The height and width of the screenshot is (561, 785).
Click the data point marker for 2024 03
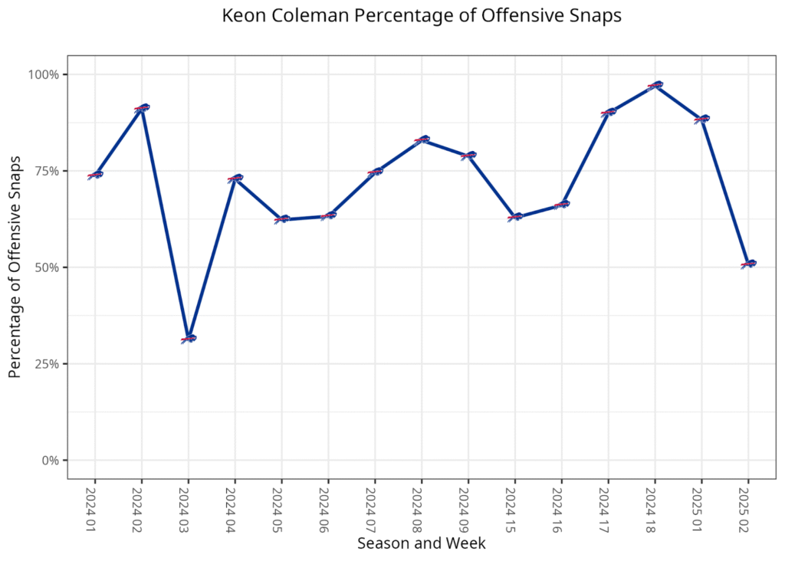189,338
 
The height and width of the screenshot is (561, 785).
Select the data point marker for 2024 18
655,85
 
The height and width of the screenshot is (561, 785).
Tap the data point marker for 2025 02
748,264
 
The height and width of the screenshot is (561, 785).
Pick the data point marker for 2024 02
142,108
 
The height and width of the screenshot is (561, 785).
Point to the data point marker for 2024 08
422,139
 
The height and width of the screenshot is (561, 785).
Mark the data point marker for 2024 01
95,175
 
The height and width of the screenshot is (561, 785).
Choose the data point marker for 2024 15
515,217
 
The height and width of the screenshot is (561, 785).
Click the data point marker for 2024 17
608,112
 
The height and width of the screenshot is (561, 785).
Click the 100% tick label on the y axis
44,74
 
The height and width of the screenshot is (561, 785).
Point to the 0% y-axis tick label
50,461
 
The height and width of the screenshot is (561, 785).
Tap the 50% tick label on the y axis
47,267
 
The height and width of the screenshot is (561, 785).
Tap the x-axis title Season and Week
421,543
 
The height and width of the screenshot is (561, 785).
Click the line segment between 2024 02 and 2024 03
165,222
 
